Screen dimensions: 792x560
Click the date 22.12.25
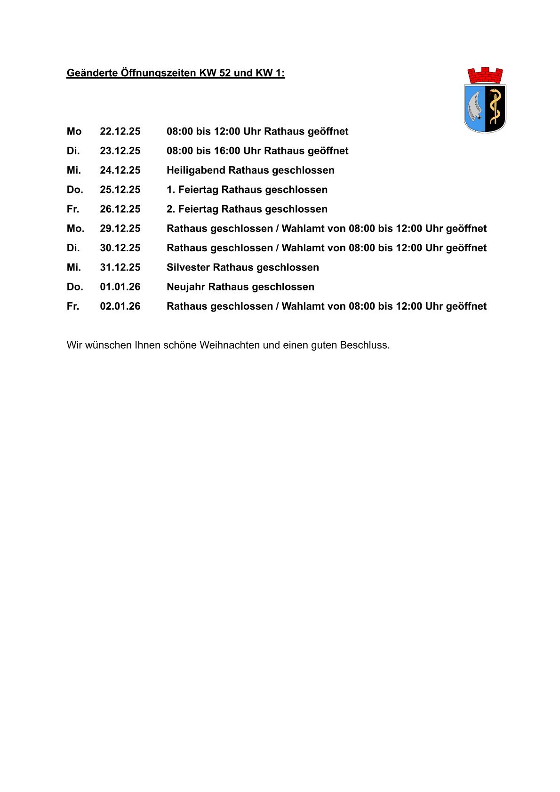point(120,131)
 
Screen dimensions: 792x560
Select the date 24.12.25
point(120,170)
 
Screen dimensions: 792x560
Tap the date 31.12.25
point(120,267)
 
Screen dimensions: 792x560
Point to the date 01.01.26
point(120,287)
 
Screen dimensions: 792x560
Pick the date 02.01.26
point(120,306)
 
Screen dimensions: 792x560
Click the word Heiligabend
point(196,170)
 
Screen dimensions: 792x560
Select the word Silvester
point(188,267)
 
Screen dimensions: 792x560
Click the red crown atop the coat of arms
point(485,75)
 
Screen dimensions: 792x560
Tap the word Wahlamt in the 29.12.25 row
point(301,228)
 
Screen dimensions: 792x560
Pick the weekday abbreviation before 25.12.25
point(75,190)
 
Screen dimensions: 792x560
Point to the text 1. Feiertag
point(192,190)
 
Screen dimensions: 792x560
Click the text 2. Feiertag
point(192,209)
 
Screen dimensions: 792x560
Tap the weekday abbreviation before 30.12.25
point(73,248)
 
